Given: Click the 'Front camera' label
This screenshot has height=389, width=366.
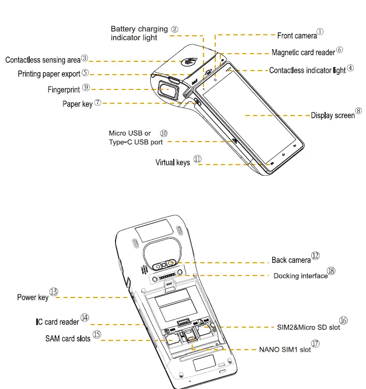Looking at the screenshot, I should (x=297, y=36).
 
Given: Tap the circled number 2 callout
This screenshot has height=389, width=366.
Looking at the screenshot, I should (x=175, y=29).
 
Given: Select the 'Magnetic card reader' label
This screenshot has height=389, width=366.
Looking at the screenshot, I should (x=303, y=52).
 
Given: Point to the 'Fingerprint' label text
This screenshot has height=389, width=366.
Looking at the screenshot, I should (x=64, y=89).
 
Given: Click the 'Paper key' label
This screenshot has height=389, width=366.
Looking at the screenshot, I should (x=77, y=104).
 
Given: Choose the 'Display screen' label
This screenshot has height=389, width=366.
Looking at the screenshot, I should (x=333, y=116).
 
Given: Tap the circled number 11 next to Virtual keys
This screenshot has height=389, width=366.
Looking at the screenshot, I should (x=197, y=159).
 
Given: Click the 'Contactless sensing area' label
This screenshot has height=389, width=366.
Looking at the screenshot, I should (x=42, y=60).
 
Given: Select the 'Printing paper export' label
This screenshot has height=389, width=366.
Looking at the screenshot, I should (x=49, y=74).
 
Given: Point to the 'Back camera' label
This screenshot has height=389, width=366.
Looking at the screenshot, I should (x=291, y=260).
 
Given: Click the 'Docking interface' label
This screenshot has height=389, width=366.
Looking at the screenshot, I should (x=301, y=276).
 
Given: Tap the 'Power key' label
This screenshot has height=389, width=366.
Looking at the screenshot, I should (x=33, y=298).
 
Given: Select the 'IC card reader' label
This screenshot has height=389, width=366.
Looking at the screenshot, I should (x=57, y=322).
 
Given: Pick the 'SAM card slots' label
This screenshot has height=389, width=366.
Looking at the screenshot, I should (x=68, y=338).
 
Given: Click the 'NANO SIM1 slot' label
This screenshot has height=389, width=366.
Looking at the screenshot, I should (x=285, y=350).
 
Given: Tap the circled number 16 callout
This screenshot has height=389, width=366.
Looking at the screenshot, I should (x=344, y=321).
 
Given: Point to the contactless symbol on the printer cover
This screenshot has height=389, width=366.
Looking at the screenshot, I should (x=186, y=61).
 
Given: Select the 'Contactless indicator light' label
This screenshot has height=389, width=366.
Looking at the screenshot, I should (x=307, y=71).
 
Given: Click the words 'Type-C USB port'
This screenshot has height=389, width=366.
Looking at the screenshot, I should (x=135, y=142).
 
